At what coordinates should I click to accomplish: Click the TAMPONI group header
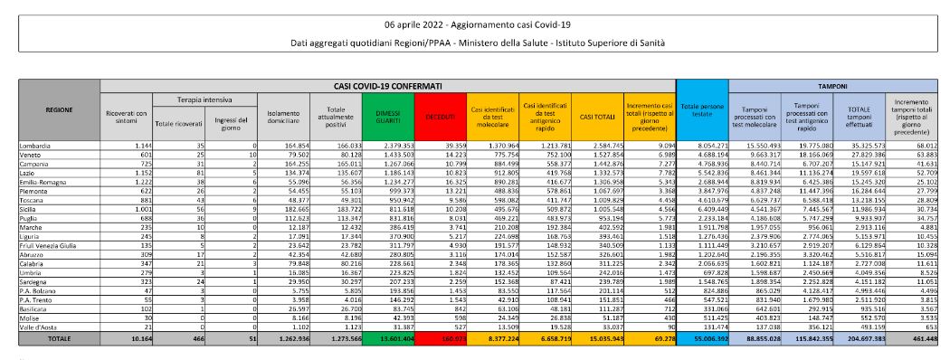[833, 85]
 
